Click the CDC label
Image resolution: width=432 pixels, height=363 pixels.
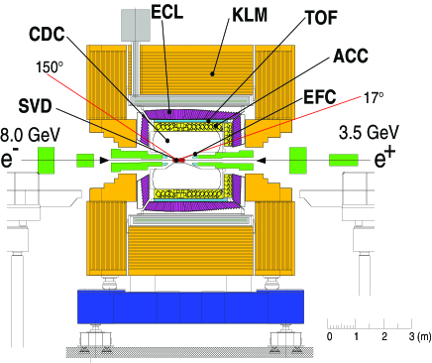(x=47, y=34)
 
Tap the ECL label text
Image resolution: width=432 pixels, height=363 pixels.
(x=167, y=12)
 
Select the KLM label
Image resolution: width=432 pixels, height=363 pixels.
(x=250, y=15)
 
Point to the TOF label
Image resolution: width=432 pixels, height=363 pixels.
(x=322, y=18)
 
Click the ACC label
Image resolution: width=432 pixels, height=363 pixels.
(x=351, y=56)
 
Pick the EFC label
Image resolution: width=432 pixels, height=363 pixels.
(x=320, y=97)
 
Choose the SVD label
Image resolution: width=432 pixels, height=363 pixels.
(x=35, y=106)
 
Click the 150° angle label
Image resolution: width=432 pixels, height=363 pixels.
(x=50, y=67)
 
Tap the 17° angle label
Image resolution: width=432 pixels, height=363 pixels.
(x=374, y=98)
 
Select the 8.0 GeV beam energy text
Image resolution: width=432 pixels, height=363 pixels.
(x=31, y=135)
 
